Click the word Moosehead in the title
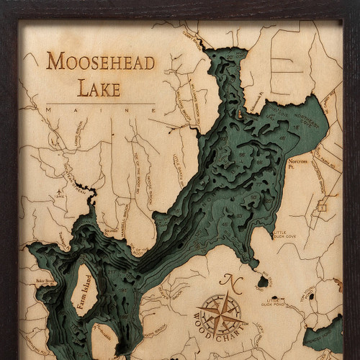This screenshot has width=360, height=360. (100, 63)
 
